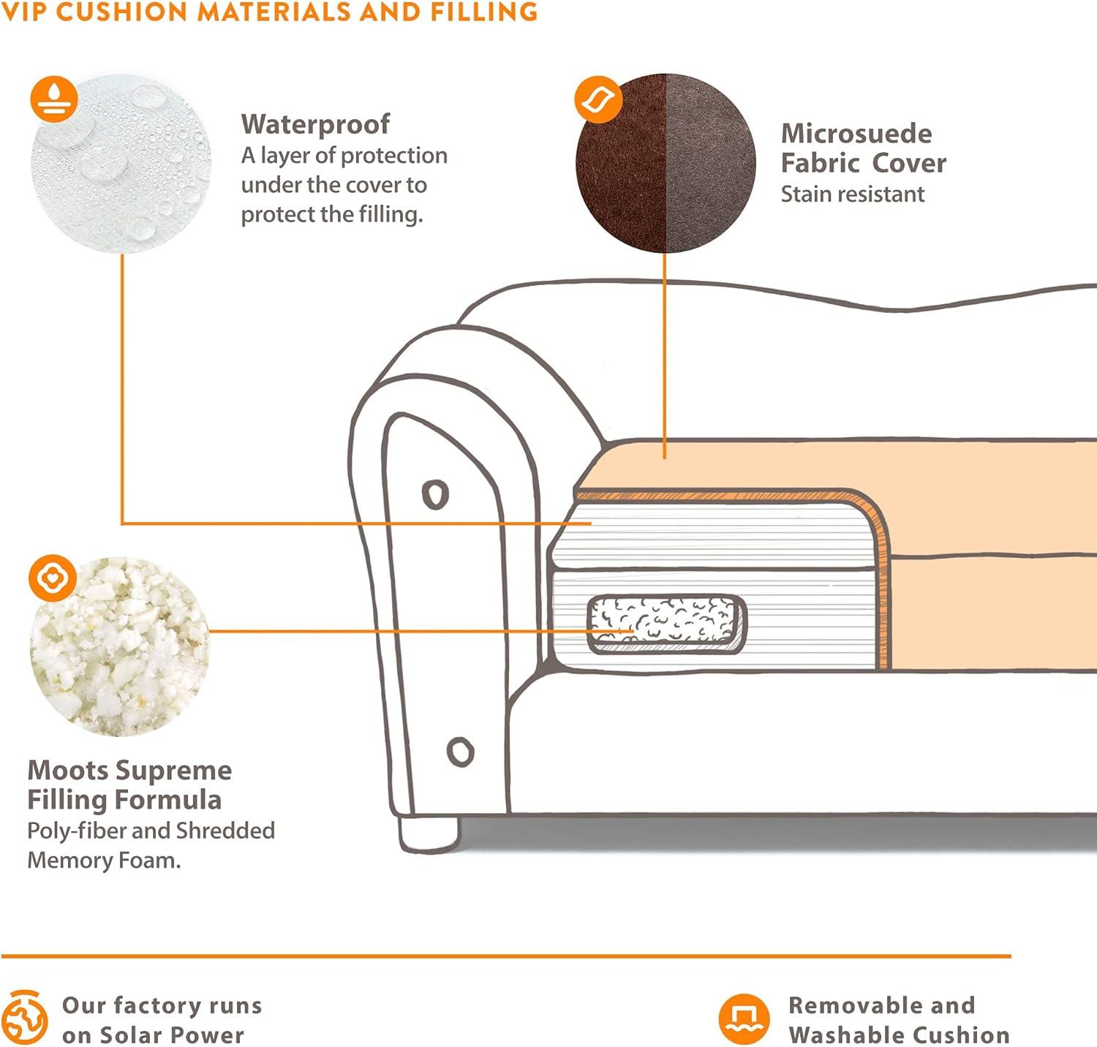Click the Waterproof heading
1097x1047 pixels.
click(x=315, y=124)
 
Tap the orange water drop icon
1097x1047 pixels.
click(x=54, y=98)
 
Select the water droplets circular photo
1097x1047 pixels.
click(x=121, y=165)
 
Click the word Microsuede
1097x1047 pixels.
click(x=856, y=134)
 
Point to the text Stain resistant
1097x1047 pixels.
click(x=852, y=194)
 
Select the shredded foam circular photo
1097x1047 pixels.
click(x=119, y=647)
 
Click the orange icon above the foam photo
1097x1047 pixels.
click(x=53, y=578)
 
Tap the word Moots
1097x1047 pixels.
click(x=68, y=771)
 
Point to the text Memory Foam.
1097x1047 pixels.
click(x=103, y=861)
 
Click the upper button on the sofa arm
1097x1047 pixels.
click(x=435, y=494)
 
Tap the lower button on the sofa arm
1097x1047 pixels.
click(x=460, y=751)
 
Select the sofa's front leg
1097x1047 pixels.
click(x=429, y=834)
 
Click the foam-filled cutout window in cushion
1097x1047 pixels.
click(x=666, y=623)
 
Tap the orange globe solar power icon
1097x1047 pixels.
click(x=26, y=1018)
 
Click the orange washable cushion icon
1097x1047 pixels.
click(x=744, y=1018)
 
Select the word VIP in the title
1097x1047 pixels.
click(x=25, y=12)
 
